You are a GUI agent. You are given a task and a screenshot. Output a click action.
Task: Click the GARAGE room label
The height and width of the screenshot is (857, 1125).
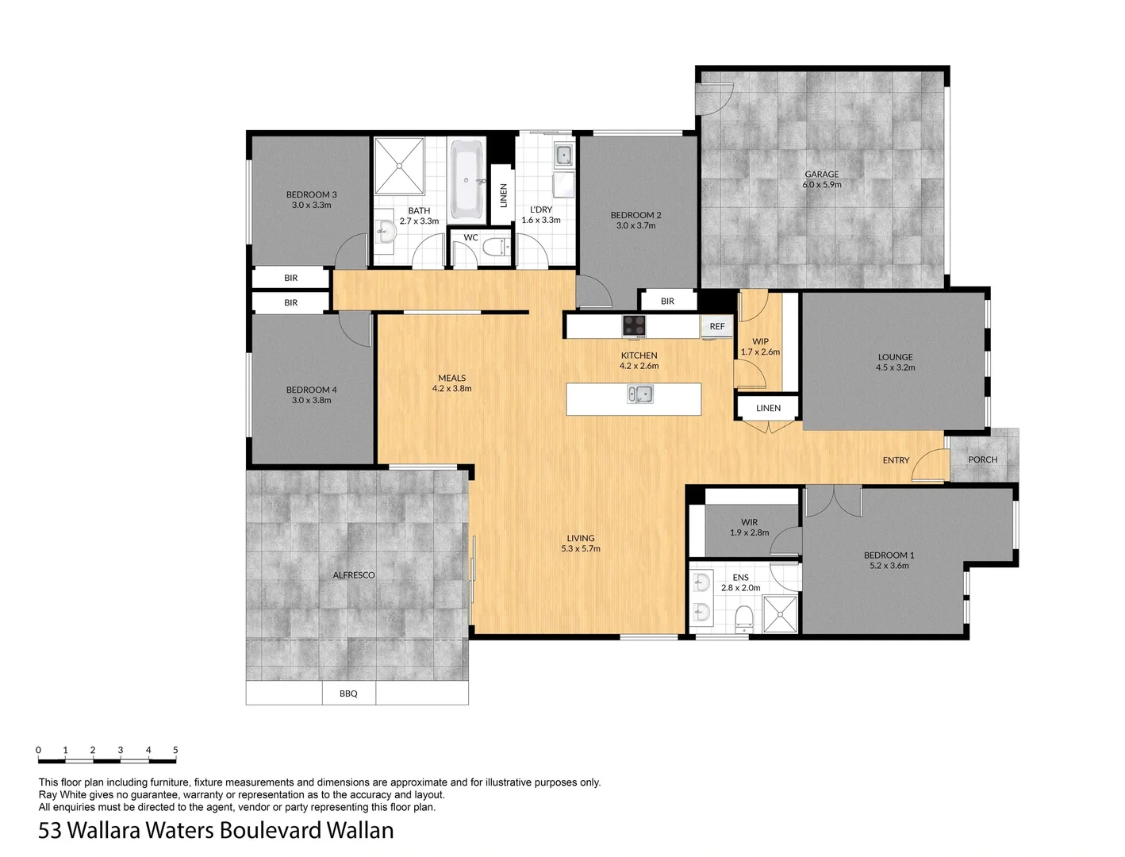(x=821, y=175)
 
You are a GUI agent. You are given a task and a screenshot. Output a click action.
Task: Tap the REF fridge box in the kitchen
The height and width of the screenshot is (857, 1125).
(x=716, y=326)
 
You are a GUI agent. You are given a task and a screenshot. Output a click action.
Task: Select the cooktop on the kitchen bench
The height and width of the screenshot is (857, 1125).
(x=634, y=325)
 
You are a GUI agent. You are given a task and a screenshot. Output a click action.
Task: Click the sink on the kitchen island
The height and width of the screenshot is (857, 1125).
(x=639, y=394)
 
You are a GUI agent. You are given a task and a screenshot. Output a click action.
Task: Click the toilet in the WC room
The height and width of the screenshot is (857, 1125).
(x=497, y=248)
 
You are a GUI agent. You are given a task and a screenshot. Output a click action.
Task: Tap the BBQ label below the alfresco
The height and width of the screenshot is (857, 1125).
(x=348, y=694)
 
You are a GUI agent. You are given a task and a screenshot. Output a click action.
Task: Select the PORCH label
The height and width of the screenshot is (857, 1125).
(x=982, y=459)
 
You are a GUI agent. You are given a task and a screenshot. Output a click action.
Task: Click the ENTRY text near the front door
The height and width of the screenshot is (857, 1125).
(x=896, y=460)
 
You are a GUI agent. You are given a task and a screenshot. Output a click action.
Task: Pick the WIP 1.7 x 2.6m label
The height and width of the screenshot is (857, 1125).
(x=760, y=347)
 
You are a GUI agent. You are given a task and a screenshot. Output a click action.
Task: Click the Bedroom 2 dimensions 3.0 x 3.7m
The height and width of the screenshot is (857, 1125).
(x=635, y=225)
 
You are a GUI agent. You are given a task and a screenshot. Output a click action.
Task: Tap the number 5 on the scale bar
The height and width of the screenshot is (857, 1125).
(x=175, y=750)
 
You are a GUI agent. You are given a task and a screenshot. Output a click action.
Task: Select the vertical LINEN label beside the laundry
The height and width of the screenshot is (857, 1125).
(x=503, y=195)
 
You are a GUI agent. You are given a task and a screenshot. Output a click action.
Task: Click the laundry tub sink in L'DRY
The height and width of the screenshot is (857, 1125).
(x=564, y=154)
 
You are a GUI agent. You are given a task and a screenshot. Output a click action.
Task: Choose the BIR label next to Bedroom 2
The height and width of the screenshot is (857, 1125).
(x=667, y=301)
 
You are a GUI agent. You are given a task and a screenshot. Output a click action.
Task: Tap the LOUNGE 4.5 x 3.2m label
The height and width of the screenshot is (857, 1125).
(x=895, y=362)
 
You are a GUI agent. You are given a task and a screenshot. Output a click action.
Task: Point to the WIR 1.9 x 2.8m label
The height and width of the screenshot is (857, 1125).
(x=749, y=527)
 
